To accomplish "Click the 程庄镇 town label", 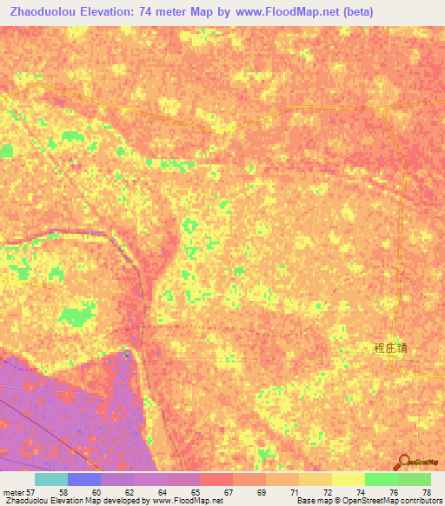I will point(389,348).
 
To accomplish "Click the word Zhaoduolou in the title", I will point(45,11).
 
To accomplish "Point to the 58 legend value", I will point(63,491).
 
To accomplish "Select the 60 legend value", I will point(96,491).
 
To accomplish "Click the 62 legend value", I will point(129,491).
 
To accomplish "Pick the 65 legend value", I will point(195,491).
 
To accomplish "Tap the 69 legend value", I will point(261,491).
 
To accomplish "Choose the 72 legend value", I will point(327,491).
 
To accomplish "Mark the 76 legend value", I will point(393,491).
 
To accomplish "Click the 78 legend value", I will point(426,491).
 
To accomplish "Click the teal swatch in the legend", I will point(51,479).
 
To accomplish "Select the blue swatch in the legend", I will point(84,479).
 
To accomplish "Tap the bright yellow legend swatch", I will point(349,479).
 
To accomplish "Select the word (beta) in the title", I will point(356,11).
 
